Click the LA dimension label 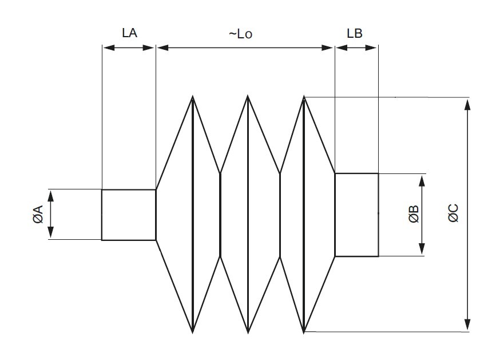[x=130, y=33]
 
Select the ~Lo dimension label [x=240, y=34]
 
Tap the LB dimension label [x=355, y=33]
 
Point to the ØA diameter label [x=38, y=214]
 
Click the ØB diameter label [x=414, y=215]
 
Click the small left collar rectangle [x=129, y=215]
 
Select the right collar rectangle [x=356, y=215]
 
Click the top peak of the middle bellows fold [x=248, y=97]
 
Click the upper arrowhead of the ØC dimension [x=469, y=104]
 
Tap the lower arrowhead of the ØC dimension [x=469, y=325]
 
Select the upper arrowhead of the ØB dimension [x=422, y=180]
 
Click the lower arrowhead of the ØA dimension [x=50, y=233]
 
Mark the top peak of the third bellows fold [x=304, y=97]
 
